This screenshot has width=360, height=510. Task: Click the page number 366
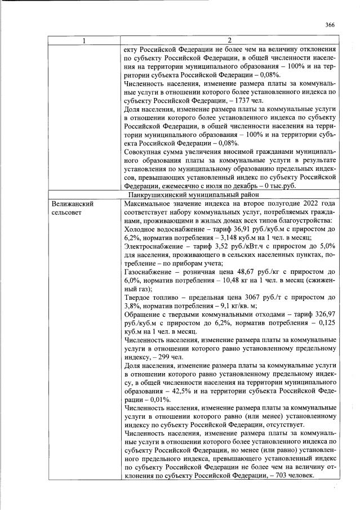330,24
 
